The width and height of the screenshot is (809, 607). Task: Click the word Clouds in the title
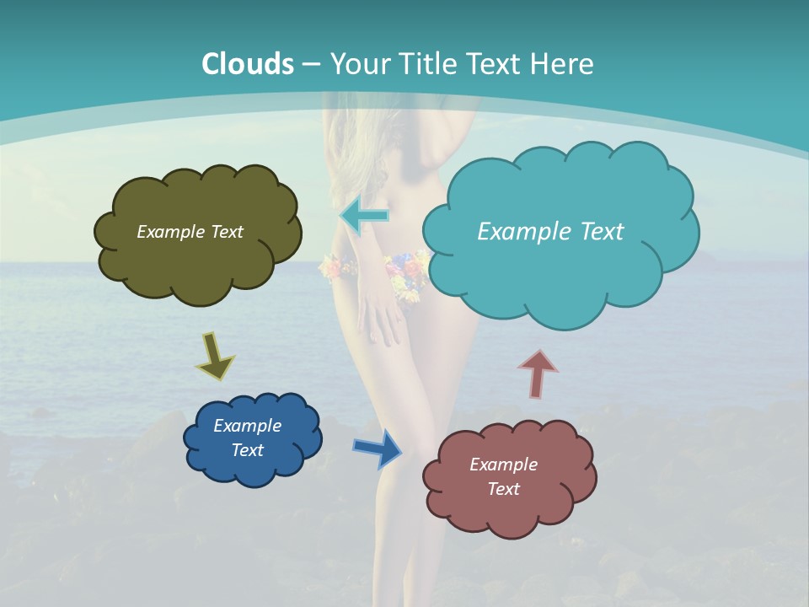pos(248,64)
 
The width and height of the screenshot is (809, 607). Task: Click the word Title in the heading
pos(425,64)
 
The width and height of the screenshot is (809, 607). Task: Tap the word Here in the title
pos(562,64)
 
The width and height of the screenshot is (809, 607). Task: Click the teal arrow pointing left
pos(364,216)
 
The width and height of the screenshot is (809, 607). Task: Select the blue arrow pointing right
pos(378,448)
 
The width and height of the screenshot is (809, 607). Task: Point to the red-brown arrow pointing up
pos(538,373)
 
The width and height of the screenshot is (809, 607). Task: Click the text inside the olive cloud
pos(190,232)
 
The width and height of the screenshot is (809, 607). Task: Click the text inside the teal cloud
pos(550,232)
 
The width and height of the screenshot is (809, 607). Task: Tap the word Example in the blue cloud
pos(247,426)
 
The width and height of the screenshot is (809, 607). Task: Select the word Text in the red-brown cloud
pos(503,489)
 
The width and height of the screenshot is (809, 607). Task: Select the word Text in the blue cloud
pos(247,450)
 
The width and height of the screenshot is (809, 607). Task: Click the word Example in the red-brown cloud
pos(503,465)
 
